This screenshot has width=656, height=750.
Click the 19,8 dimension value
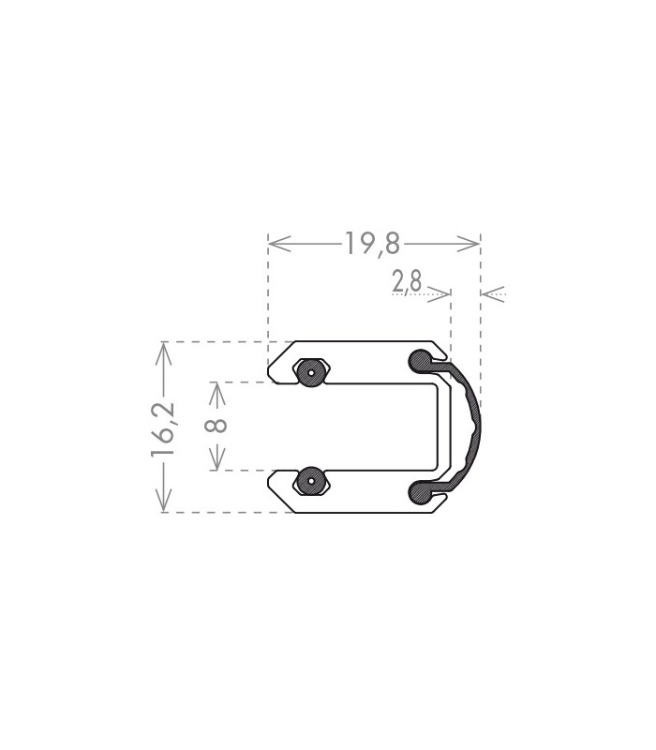[x=372, y=243]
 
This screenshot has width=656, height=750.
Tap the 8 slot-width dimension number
[x=216, y=426]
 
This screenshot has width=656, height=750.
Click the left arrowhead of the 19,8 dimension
[x=279, y=244]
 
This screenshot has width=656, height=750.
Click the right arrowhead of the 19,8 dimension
[x=468, y=244]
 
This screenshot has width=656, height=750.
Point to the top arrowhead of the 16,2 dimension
[x=163, y=354]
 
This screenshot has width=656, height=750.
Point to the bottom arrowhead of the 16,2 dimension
[x=163, y=500]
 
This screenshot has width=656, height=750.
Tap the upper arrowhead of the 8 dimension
[x=217, y=394]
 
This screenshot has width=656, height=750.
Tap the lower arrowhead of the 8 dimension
[x=217, y=458]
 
